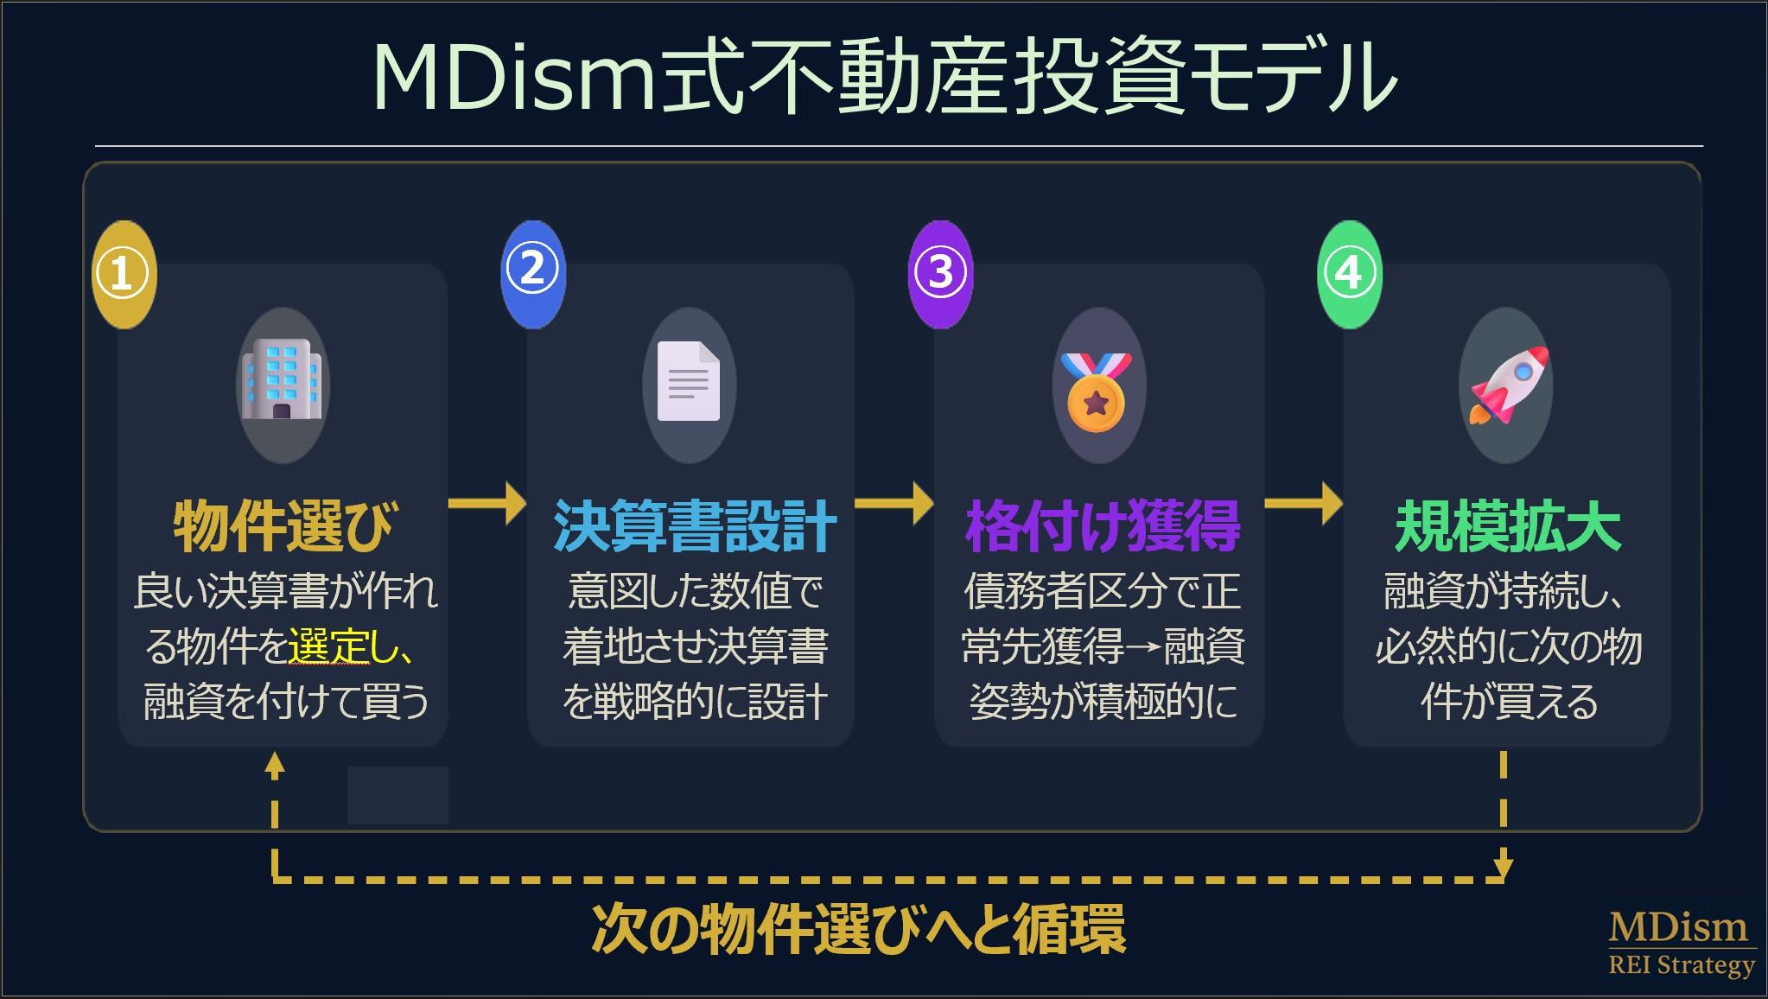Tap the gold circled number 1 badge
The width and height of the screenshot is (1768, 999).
124,274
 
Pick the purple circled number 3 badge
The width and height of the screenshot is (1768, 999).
940,273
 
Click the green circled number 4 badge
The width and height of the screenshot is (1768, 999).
1349,274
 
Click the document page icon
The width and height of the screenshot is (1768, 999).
689,383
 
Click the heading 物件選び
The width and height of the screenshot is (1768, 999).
283,526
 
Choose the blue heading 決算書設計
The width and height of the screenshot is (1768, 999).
695,526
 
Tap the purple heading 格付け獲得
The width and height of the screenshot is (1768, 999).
1103,526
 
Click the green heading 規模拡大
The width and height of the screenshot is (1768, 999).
1508,526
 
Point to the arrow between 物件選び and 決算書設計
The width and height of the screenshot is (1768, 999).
487,503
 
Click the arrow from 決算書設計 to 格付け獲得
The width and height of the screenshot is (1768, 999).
894,503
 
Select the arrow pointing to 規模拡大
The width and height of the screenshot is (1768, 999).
1303,503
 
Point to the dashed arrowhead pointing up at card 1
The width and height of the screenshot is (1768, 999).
275,763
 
